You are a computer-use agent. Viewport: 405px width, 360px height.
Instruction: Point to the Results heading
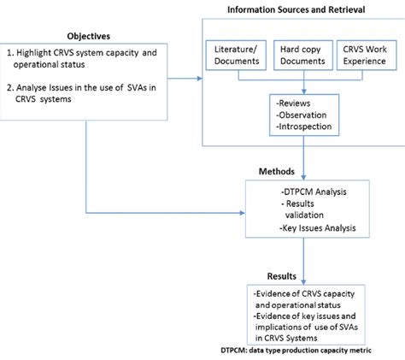tap(281, 276)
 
